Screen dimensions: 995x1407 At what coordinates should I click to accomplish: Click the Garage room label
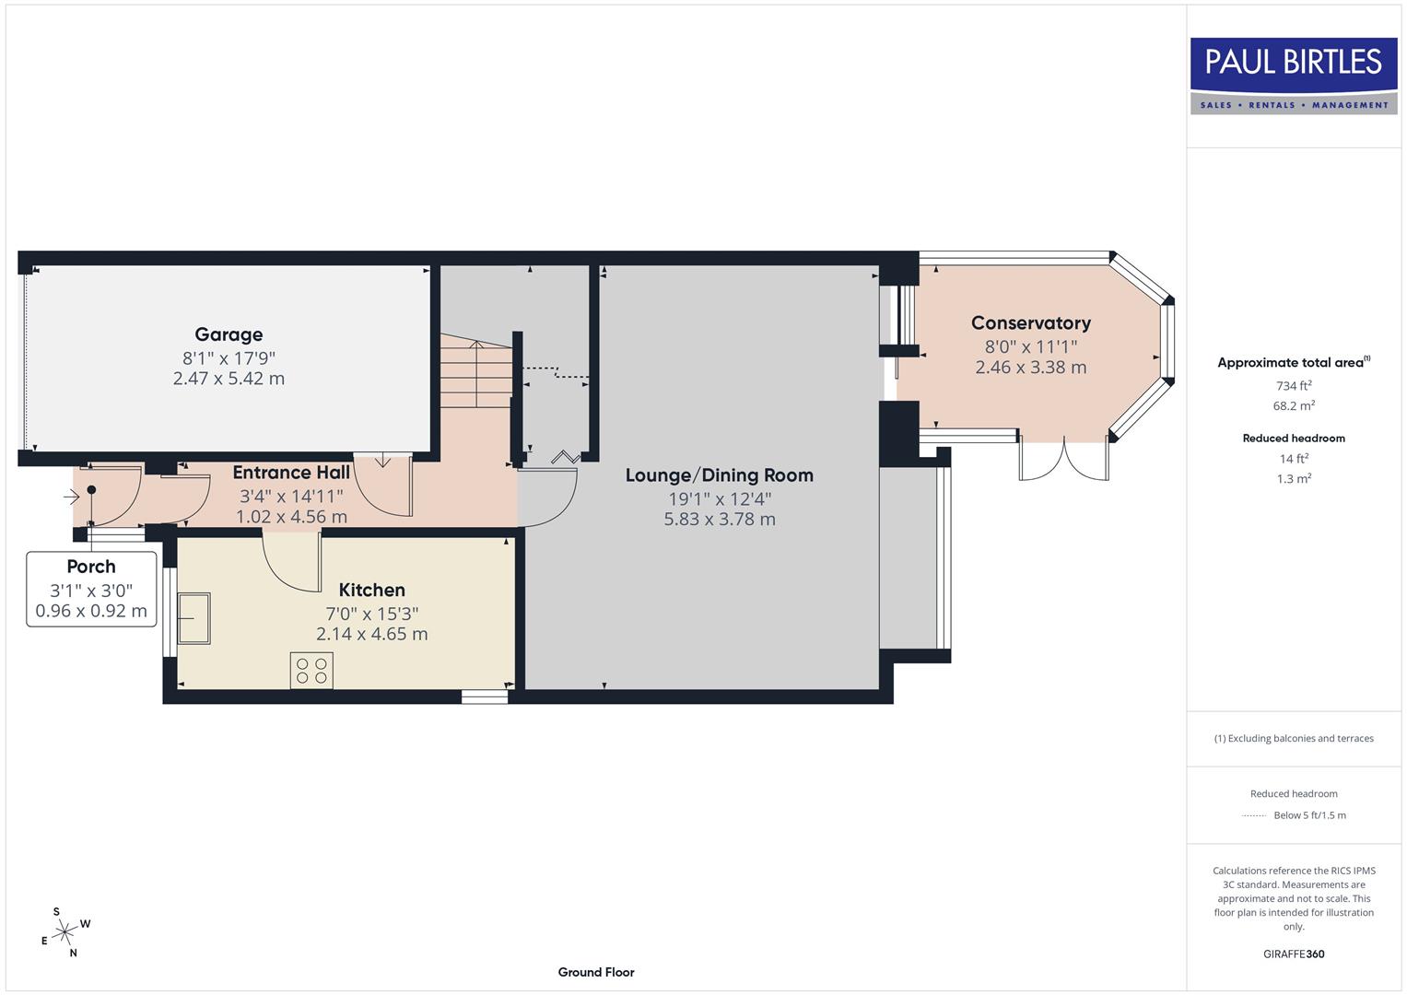click(229, 334)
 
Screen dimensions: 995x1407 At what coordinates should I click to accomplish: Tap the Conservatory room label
click(1030, 323)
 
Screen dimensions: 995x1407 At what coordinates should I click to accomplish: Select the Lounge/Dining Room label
click(719, 475)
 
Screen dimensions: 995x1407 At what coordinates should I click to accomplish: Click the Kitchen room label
click(371, 590)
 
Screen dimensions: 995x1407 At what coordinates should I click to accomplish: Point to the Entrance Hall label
click(291, 473)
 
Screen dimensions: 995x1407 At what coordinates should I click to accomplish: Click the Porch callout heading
click(91, 567)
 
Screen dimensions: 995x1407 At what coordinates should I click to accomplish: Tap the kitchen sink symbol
click(194, 617)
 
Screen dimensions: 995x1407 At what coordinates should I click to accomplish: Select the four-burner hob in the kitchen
click(311, 670)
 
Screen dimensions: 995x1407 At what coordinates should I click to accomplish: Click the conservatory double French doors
click(1063, 460)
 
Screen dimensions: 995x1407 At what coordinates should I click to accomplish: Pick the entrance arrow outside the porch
click(71, 497)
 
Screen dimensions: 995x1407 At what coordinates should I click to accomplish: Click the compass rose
click(64, 933)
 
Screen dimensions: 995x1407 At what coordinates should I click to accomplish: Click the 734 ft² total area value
click(1293, 386)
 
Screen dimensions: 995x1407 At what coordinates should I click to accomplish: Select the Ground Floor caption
click(595, 972)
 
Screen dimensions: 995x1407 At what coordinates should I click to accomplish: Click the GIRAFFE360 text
click(1293, 954)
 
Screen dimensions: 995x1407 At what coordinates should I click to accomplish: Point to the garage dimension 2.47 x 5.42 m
click(229, 379)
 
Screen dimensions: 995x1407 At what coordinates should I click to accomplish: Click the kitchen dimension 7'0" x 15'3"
click(371, 614)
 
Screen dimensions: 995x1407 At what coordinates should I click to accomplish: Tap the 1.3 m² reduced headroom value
click(1293, 478)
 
